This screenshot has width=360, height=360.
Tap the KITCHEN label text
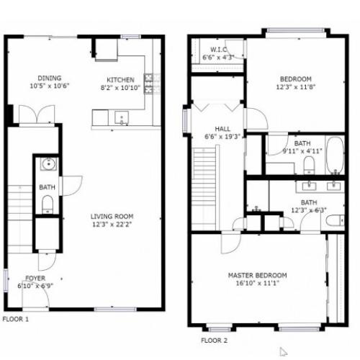[121, 79]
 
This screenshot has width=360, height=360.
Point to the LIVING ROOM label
[112, 216]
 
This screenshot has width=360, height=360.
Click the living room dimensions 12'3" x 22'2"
[112, 225]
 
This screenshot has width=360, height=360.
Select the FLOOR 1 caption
[16, 318]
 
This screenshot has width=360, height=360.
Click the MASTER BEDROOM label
[257, 275]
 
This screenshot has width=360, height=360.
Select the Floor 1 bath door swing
[71, 185]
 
